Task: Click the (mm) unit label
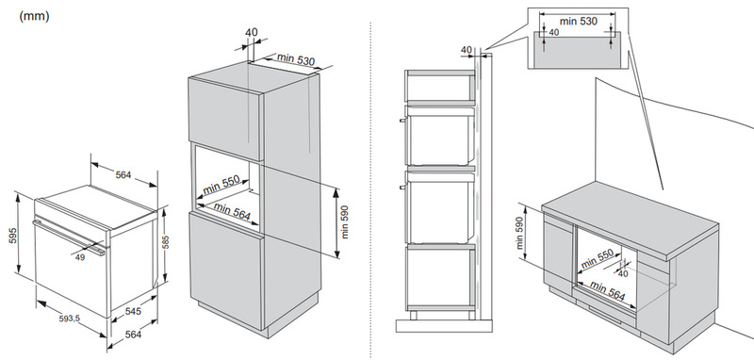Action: point(34,16)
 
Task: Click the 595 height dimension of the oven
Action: point(13,235)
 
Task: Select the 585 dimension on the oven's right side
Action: point(166,242)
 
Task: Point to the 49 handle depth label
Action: point(80,257)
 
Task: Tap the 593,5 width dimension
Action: point(69,319)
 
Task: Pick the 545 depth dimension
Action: point(133,311)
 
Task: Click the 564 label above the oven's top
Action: point(123,175)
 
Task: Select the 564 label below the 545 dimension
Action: point(133,335)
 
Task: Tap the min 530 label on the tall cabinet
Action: point(296,59)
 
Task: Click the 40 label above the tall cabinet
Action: point(251,32)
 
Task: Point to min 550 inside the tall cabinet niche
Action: point(221,185)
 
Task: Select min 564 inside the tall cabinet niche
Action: point(232,211)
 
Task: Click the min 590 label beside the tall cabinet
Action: point(344,222)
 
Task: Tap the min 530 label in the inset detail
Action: point(579,21)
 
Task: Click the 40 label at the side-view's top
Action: point(466,50)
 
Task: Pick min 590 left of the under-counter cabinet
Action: point(519,233)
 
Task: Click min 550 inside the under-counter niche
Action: point(598,258)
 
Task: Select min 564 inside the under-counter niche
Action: point(607,291)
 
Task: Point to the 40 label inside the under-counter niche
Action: point(623,273)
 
